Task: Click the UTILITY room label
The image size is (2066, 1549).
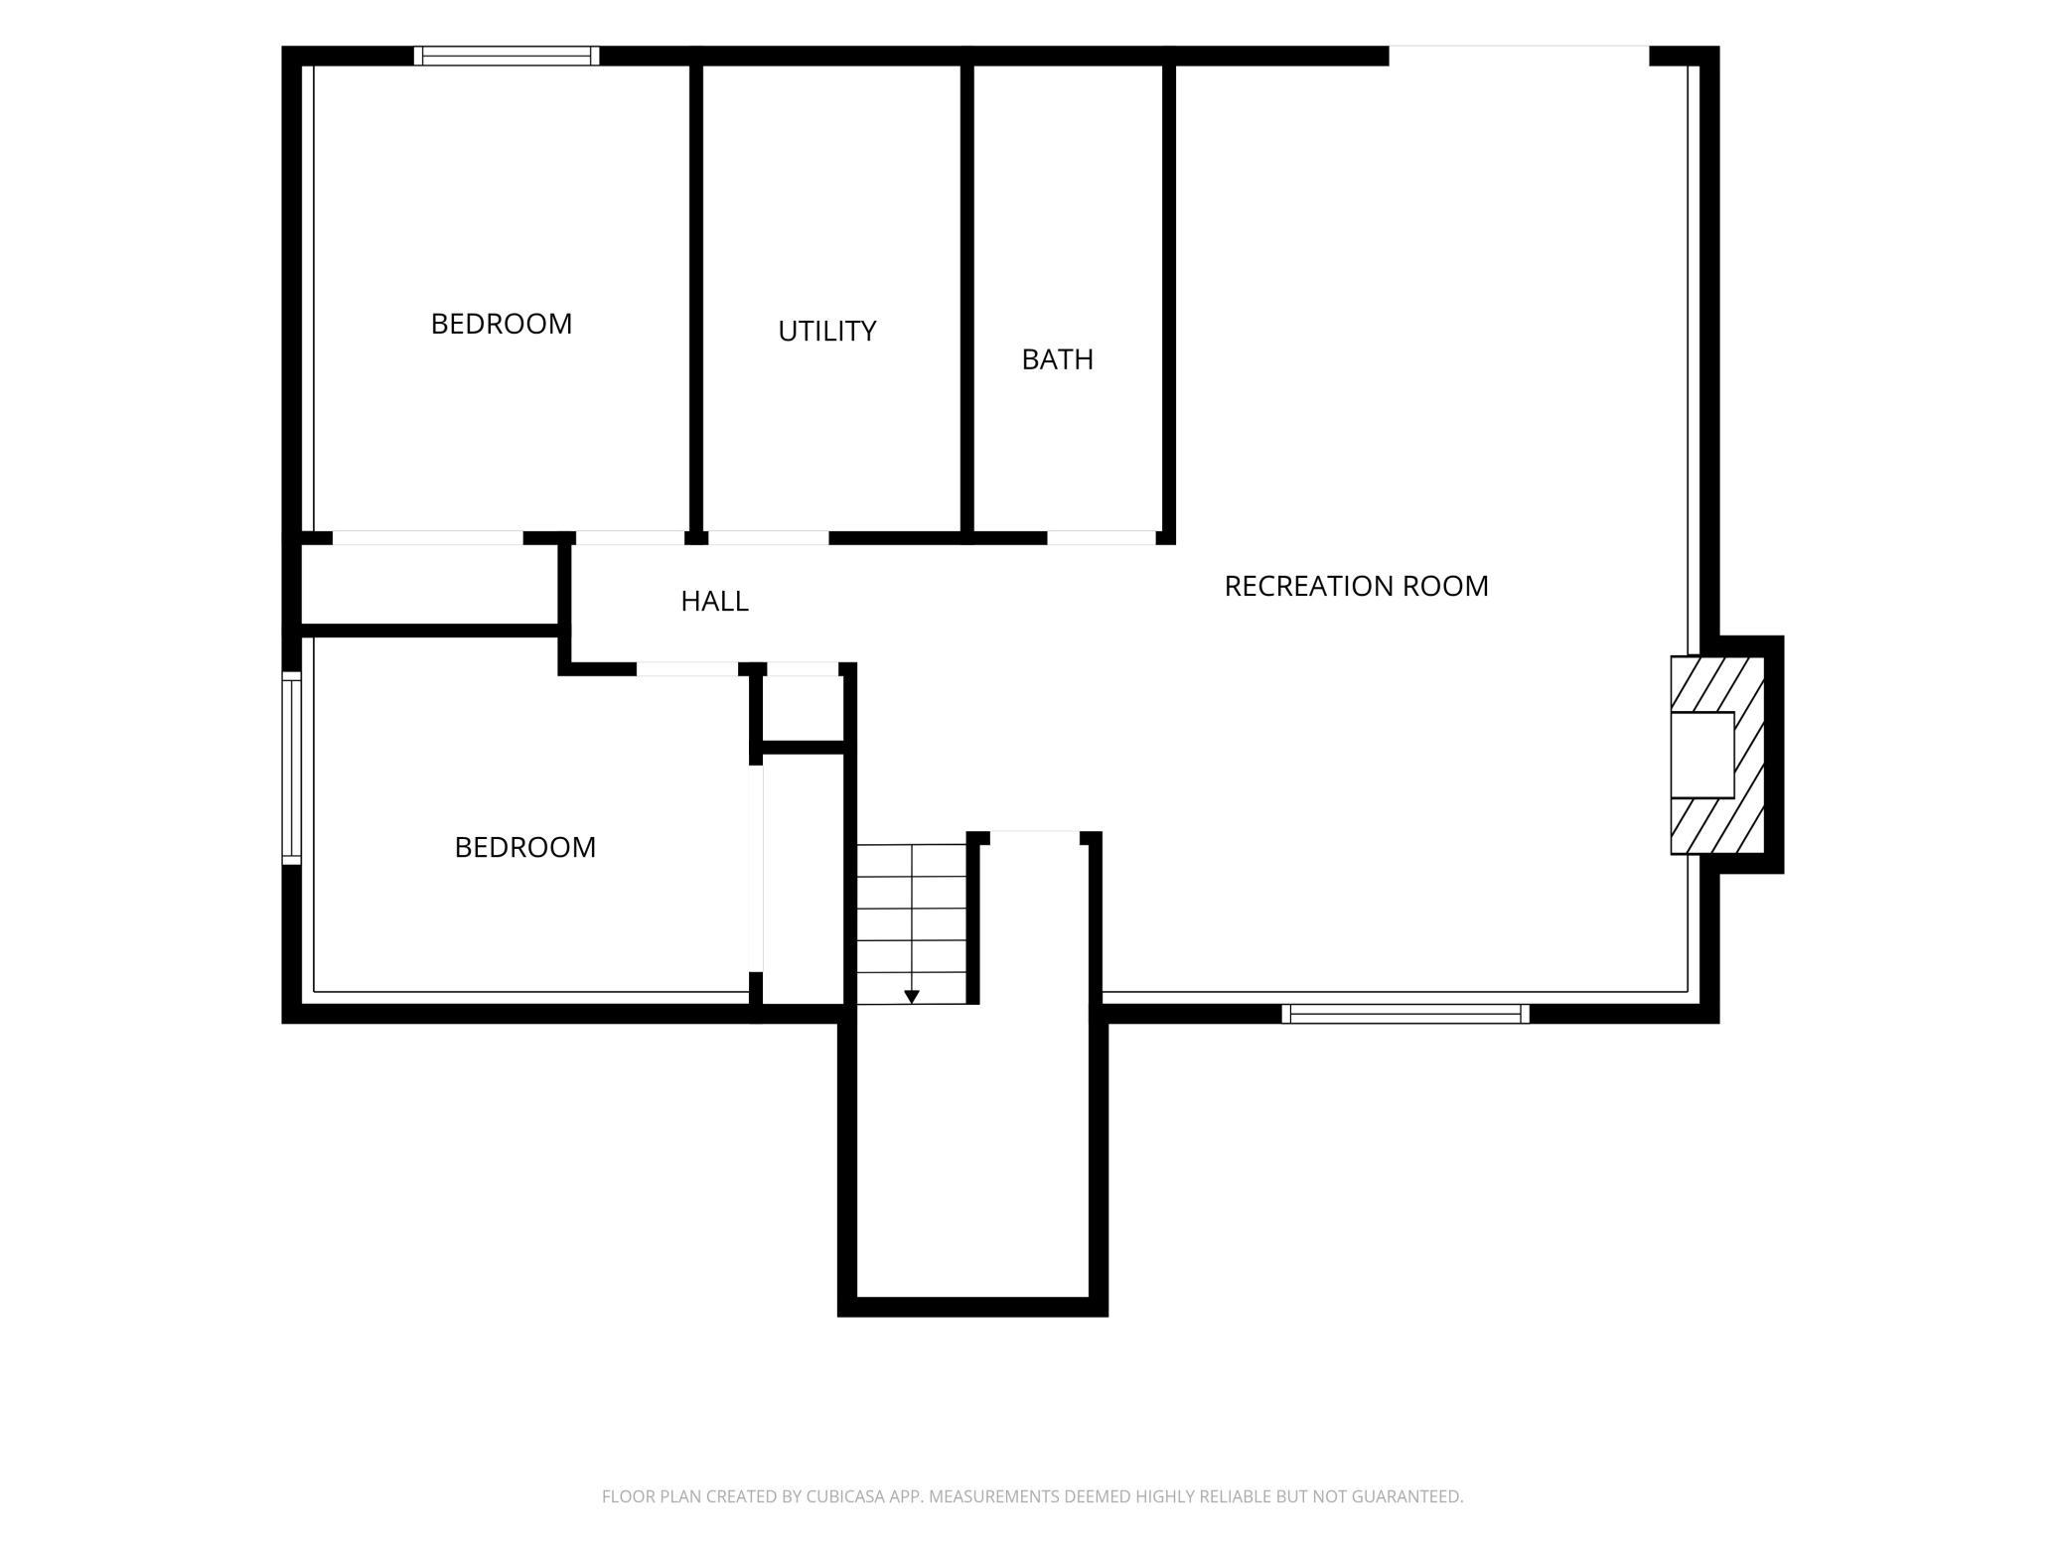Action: (x=826, y=331)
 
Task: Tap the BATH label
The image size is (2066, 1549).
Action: (x=1057, y=358)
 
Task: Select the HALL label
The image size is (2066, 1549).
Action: (x=714, y=601)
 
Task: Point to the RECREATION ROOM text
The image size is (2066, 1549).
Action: (x=1356, y=586)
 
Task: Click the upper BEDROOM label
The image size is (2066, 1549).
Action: (x=501, y=324)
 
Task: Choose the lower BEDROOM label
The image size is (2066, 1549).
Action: (x=524, y=847)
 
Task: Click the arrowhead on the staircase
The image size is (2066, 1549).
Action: (x=912, y=997)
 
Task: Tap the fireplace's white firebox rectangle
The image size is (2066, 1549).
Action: (x=1702, y=755)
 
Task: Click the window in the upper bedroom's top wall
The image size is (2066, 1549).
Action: (x=507, y=56)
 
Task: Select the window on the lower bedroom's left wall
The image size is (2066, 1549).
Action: (x=291, y=768)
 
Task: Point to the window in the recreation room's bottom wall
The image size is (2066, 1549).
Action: (x=1404, y=1014)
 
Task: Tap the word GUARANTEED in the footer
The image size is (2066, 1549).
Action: (x=1414, y=1496)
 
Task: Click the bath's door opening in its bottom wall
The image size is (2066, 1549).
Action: (x=1102, y=537)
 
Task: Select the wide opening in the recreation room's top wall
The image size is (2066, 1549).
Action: (x=1519, y=56)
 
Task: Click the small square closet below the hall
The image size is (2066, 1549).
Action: (x=803, y=708)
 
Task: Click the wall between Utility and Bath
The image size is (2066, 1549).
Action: (x=966, y=298)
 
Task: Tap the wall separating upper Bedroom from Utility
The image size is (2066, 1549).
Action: (x=696, y=298)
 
